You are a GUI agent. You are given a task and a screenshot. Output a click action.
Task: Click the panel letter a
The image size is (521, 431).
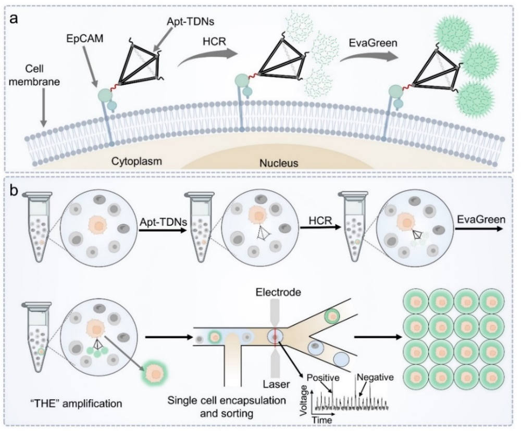pos(14,19)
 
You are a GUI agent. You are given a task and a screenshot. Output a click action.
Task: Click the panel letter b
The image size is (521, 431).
pos(14,192)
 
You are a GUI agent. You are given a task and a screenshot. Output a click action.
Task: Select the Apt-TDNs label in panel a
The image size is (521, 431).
pos(190,21)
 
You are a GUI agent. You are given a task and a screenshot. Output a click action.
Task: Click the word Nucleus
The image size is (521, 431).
pos(279,163)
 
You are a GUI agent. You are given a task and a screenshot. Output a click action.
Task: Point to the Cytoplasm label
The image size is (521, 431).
pos(136,161)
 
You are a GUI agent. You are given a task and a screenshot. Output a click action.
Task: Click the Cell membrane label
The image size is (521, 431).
pos(34,75)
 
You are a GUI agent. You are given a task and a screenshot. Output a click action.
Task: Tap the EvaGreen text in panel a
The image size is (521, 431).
pos(373,43)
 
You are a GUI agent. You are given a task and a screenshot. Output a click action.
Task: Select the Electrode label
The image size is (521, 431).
pos(278,292)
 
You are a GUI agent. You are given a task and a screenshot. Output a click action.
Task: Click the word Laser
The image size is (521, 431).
pos(277,385)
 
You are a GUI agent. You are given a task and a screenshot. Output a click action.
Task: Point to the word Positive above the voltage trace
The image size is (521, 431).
pos(323,377)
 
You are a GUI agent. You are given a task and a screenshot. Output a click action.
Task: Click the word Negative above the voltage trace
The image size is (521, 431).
pos(376,377)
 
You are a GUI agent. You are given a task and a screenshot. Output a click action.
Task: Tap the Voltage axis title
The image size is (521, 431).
pos(303,403)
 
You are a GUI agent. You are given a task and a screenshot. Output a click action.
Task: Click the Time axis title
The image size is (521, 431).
pos(322,420)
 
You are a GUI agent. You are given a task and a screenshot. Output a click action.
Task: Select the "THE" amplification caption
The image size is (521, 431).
pos(76,404)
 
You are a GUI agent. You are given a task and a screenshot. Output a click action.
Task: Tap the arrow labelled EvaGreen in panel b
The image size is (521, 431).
pos(478,229)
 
